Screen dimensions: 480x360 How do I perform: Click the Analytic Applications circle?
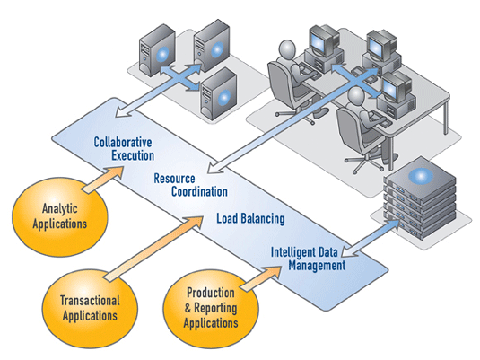coord(60,216)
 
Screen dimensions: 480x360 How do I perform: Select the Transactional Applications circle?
coord(90,309)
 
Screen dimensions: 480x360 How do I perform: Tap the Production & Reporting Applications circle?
coord(211,309)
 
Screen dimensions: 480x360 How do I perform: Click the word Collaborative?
coord(123,142)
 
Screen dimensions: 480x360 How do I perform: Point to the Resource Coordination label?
coord(190,185)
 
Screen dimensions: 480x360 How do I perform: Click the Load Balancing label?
coord(250,219)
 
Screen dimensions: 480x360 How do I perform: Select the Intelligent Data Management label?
coord(309,259)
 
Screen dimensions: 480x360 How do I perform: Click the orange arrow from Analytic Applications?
coord(103,180)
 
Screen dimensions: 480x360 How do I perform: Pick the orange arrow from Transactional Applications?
coord(153,249)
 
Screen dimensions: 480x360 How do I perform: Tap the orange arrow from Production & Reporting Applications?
coord(261,278)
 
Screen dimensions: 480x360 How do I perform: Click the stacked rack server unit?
coord(420,198)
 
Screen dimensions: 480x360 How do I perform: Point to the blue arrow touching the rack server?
coord(371,239)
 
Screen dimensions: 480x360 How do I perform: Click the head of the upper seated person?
coord(287,49)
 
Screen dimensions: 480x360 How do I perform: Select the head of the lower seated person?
coord(356,96)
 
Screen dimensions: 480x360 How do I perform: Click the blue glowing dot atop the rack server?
coord(421,176)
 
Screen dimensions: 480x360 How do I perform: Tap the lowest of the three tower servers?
coord(218,93)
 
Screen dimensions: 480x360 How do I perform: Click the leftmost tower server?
coord(157,50)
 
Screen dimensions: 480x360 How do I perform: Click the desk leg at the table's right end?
coord(446,118)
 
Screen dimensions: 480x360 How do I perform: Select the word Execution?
coord(133,155)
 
